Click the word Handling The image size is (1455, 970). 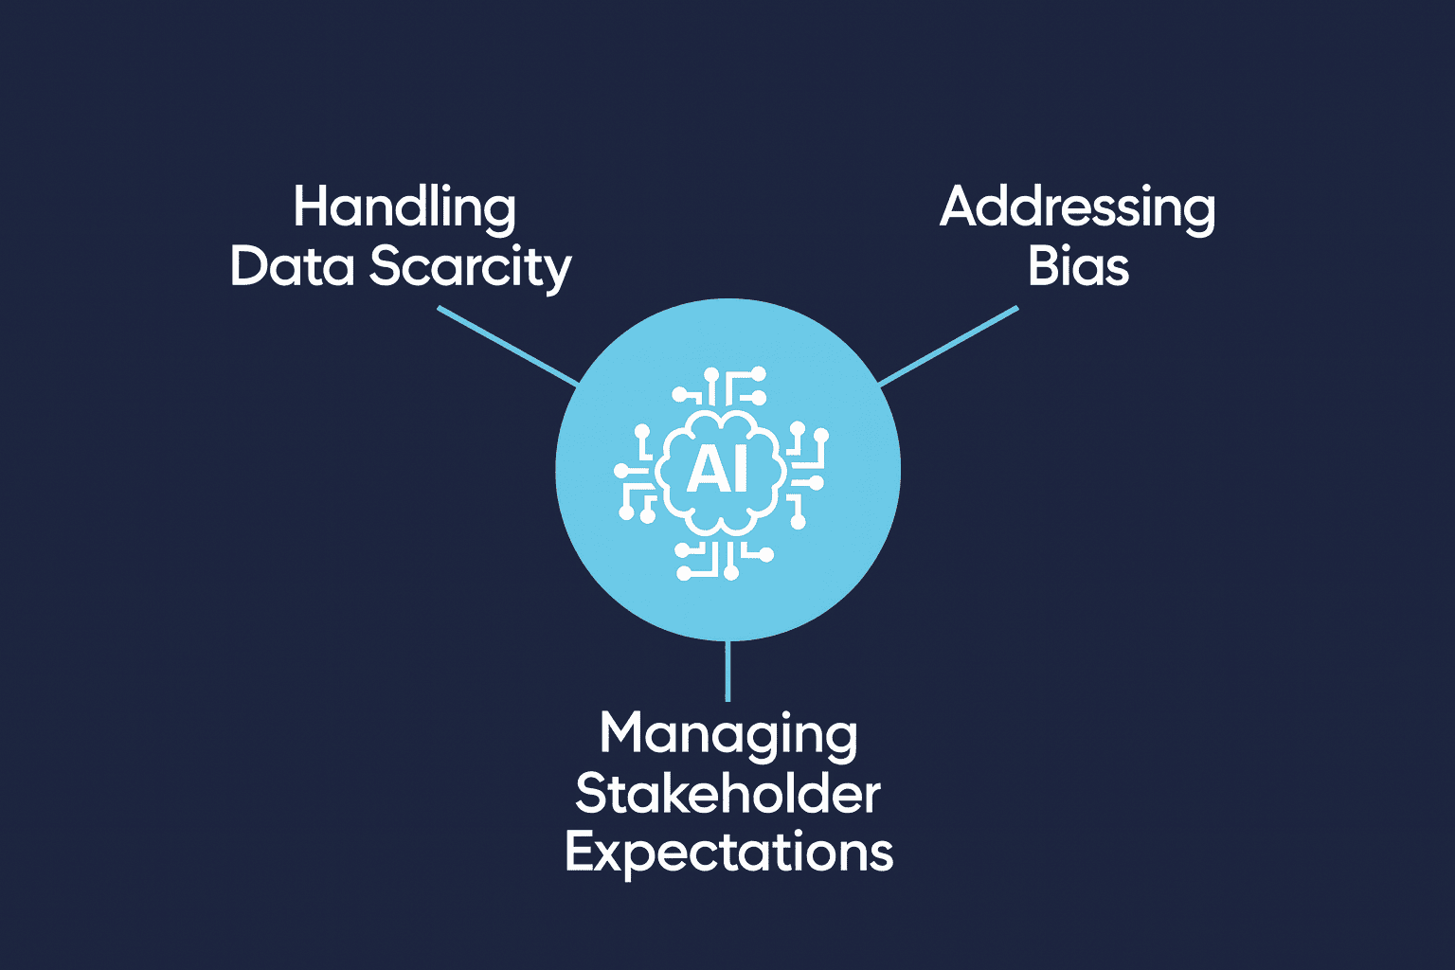(404, 208)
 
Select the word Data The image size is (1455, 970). (293, 266)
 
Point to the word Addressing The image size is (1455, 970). (1077, 208)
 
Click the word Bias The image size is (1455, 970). (1078, 266)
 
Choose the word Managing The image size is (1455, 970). (728, 735)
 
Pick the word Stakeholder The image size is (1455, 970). (727, 794)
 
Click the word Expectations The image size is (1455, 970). (728, 853)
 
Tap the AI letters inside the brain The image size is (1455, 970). (717, 469)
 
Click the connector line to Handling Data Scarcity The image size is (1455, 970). (508, 346)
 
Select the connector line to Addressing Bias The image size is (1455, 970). (948, 346)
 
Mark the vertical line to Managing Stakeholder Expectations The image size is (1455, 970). (727, 671)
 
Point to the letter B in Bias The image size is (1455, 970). (1043, 266)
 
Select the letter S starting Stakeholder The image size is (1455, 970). (591, 794)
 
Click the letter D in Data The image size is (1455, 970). (248, 266)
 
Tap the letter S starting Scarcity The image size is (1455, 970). (386, 266)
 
